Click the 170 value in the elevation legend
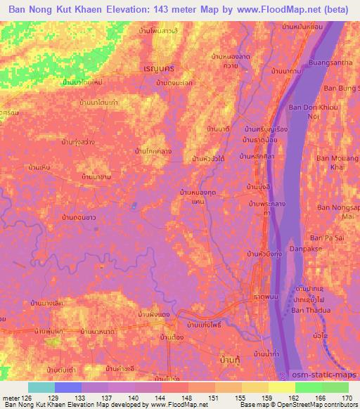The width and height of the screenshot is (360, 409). [349, 397]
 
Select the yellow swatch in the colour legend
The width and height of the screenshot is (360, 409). [281, 387]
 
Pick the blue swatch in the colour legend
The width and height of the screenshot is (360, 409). [68, 387]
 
